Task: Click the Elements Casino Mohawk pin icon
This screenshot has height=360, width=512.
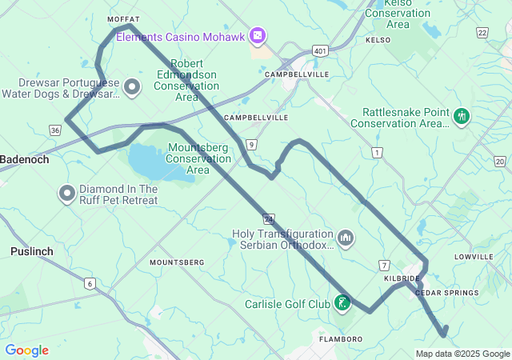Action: pyautogui.click(x=257, y=36)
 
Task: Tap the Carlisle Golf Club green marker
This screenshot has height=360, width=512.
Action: pyautogui.click(x=342, y=303)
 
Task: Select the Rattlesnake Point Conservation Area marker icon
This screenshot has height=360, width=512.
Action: pyautogui.click(x=461, y=117)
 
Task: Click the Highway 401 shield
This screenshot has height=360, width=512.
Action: pyautogui.click(x=320, y=51)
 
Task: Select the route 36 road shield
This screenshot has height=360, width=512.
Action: pyautogui.click(x=54, y=130)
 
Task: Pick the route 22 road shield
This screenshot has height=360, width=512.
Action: pyautogui.click(x=482, y=32)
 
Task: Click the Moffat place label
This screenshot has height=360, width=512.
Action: pyautogui.click(x=124, y=18)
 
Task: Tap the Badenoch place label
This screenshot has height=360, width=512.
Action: pyautogui.click(x=24, y=159)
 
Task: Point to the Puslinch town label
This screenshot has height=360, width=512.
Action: pyautogui.click(x=31, y=251)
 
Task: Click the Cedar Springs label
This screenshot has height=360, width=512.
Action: pyautogui.click(x=446, y=293)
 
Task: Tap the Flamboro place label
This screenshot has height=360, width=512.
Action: pyautogui.click(x=341, y=339)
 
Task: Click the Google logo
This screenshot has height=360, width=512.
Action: pyautogui.click(x=26, y=350)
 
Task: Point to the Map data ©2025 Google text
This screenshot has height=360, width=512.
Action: pyautogui.click(x=462, y=354)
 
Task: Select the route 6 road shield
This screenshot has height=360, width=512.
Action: pyautogui.click(x=90, y=283)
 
